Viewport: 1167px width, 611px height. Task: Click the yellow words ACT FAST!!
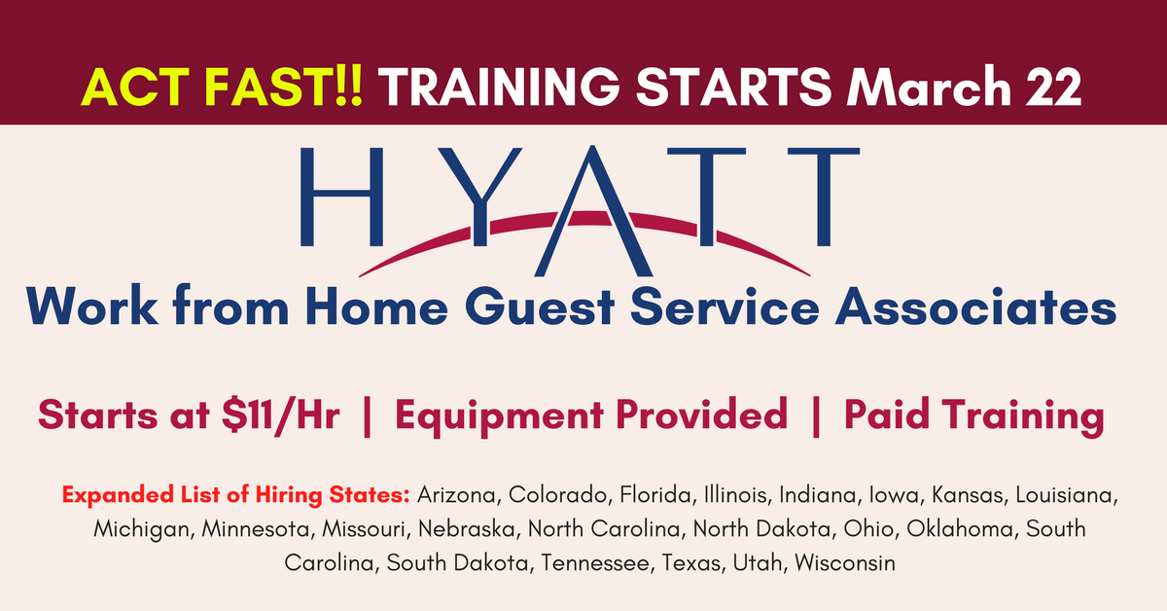(x=222, y=87)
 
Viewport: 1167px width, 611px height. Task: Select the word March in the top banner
(x=929, y=87)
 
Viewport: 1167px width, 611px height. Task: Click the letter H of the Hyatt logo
(x=341, y=197)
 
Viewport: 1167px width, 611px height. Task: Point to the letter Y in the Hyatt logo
(x=479, y=197)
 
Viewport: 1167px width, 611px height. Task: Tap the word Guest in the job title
(x=540, y=307)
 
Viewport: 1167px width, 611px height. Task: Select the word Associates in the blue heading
(x=975, y=307)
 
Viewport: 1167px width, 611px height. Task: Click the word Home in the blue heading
(x=376, y=307)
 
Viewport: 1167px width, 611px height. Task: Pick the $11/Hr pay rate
(x=281, y=416)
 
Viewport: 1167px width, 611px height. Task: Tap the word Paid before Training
(x=886, y=414)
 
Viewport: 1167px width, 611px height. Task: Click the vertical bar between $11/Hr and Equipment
(x=367, y=416)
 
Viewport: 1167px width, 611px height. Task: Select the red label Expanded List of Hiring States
(x=236, y=495)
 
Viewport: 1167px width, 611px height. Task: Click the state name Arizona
(x=456, y=495)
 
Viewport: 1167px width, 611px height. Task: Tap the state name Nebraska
(x=466, y=528)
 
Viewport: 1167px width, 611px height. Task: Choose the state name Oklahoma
(x=960, y=528)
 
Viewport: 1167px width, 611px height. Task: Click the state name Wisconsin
(x=845, y=562)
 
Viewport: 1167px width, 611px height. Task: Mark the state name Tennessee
(x=595, y=562)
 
